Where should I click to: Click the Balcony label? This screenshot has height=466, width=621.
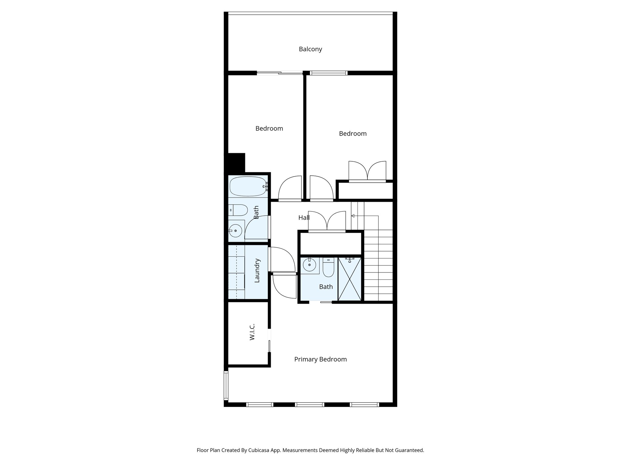[x=310, y=49]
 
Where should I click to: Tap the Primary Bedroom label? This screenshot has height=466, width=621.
[x=320, y=359]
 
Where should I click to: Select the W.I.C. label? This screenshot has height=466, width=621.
[x=252, y=332]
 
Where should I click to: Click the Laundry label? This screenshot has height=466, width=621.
[x=257, y=271]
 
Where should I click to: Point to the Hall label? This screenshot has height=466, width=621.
[x=304, y=218]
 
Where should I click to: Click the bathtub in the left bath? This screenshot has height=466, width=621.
[x=247, y=186]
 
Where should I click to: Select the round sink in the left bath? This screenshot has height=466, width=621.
[x=235, y=231]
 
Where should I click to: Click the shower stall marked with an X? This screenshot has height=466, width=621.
[x=350, y=279]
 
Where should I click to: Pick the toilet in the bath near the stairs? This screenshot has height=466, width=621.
[x=328, y=267]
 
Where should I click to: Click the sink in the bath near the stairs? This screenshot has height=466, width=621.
[x=310, y=265]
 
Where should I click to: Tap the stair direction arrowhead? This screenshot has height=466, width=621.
[x=353, y=216]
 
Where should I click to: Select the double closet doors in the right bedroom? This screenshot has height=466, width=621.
[x=367, y=172]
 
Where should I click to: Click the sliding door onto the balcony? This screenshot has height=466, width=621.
[x=280, y=73]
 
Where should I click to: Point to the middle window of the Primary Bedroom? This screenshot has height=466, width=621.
[x=309, y=404]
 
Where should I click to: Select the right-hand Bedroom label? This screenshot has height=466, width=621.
[x=353, y=133]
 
